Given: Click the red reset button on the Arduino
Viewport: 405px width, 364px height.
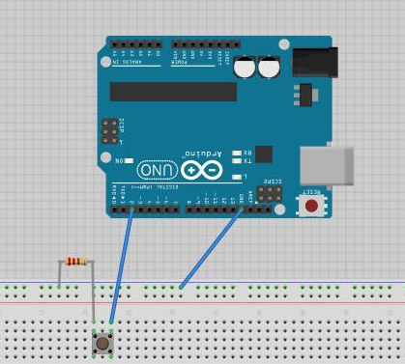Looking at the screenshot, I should pyautogui.click(x=312, y=206).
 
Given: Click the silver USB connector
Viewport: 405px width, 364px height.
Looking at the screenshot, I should pyautogui.click(x=320, y=165).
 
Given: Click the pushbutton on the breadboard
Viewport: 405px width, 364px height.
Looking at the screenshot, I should pyautogui.click(x=102, y=342).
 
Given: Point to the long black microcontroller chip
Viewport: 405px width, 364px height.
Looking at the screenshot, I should pyautogui.click(x=173, y=91).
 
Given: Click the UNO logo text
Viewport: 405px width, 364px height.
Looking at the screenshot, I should pyautogui.click(x=157, y=171).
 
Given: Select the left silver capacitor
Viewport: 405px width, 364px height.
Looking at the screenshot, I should pyautogui.click(x=245, y=68).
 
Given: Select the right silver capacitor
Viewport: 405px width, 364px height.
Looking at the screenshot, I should pyautogui.click(x=268, y=68).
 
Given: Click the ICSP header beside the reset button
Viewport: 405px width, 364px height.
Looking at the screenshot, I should pyautogui.click(x=273, y=195).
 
